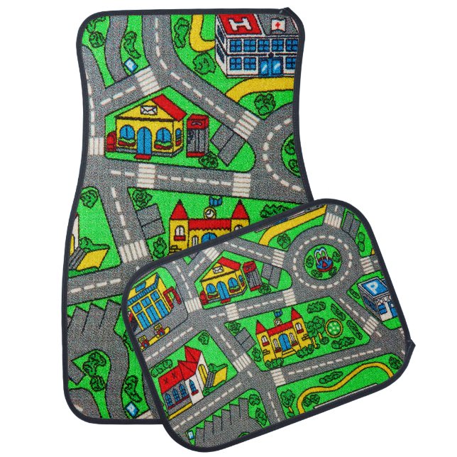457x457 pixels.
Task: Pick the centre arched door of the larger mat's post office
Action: [145, 140]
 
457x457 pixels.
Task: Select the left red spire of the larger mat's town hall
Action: [178, 211]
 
